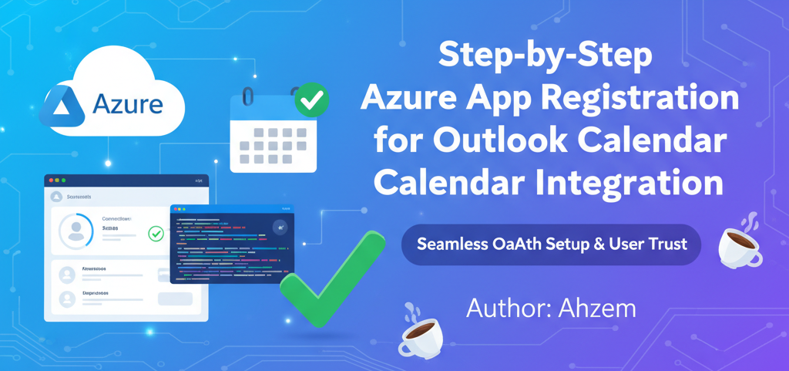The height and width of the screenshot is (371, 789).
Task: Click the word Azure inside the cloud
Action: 128,105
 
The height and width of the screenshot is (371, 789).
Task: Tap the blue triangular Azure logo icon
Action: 65,106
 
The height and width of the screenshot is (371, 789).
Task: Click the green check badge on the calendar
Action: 312,99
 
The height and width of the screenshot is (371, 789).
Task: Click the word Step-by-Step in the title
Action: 545,57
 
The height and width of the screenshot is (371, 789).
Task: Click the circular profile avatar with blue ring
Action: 76,231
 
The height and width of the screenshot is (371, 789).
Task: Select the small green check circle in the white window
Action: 156,232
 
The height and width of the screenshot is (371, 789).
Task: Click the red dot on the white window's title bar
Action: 51,180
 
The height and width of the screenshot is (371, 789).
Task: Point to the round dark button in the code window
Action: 279,227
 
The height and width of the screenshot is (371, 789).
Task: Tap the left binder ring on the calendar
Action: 247,96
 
